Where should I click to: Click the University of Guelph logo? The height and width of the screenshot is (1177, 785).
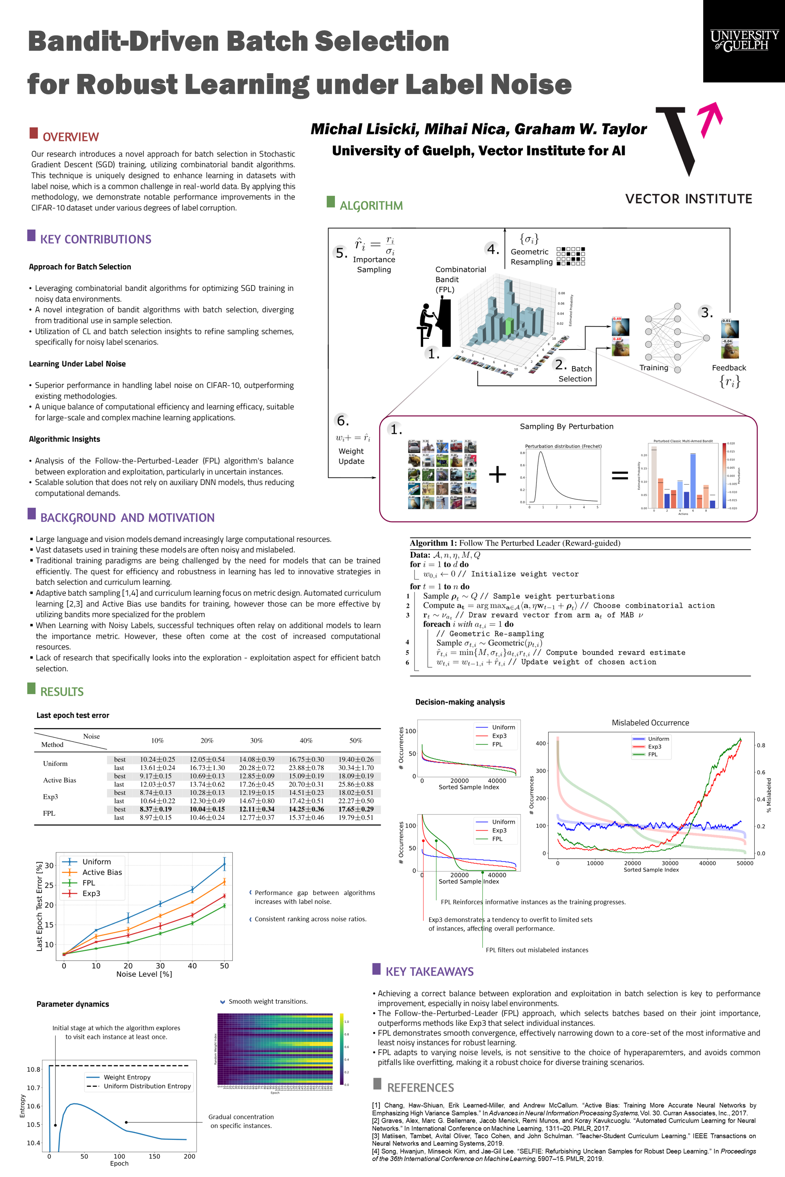click(744, 40)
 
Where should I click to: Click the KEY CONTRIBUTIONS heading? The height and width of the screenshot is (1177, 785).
click(96, 239)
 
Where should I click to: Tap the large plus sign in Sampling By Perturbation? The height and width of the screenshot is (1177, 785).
click(497, 474)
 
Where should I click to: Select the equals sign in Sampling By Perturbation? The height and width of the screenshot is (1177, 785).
click(620, 475)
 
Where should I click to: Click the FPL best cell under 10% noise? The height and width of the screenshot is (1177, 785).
click(156, 809)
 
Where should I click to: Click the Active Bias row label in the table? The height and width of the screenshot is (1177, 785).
click(60, 780)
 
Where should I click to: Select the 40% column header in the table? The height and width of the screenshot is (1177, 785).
click(306, 741)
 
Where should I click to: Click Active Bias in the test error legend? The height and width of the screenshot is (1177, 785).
click(102, 872)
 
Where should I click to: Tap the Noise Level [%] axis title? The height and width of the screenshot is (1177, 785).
click(144, 974)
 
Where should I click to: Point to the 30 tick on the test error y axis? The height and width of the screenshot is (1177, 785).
click(49, 865)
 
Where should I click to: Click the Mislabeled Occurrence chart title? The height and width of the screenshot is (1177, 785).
click(650, 723)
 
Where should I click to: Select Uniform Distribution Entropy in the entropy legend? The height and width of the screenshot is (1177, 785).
click(147, 1086)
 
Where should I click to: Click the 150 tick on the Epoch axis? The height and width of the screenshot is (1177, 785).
click(154, 1156)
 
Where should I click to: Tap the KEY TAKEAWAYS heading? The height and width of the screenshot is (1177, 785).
click(429, 971)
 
